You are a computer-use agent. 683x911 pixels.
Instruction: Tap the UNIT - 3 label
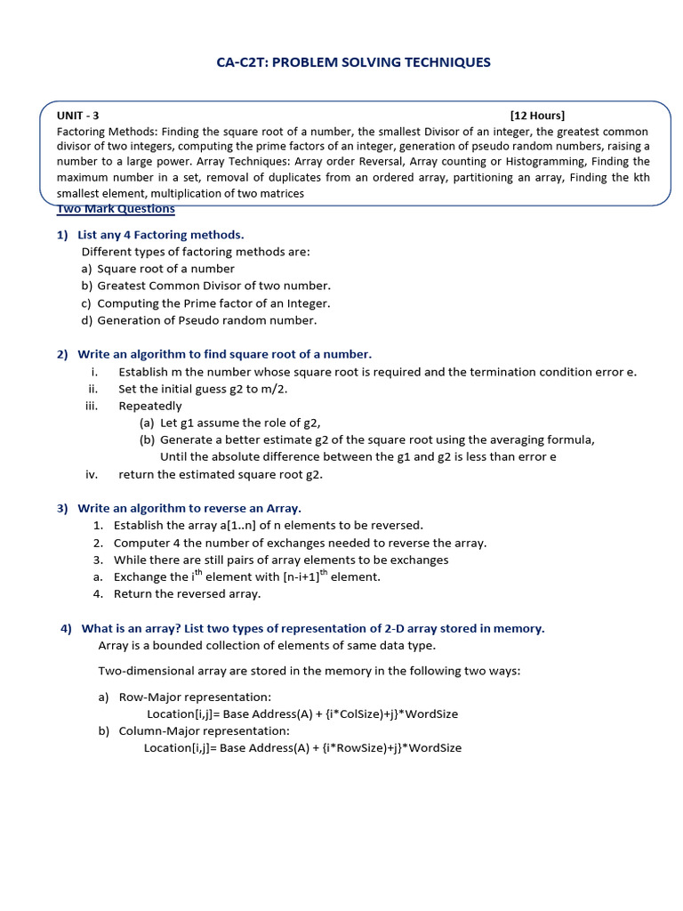(78, 115)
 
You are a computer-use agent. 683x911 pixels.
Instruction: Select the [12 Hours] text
(537, 115)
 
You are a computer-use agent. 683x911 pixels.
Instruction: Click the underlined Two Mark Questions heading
(116, 209)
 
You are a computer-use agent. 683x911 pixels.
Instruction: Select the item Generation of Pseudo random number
(206, 320)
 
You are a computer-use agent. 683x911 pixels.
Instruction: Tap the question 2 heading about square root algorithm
(224, 354)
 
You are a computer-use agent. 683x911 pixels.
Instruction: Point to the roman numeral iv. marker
(92, 474)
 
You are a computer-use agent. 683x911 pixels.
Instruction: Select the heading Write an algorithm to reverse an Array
(189, 509)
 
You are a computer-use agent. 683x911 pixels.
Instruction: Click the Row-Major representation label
(195, 697)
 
